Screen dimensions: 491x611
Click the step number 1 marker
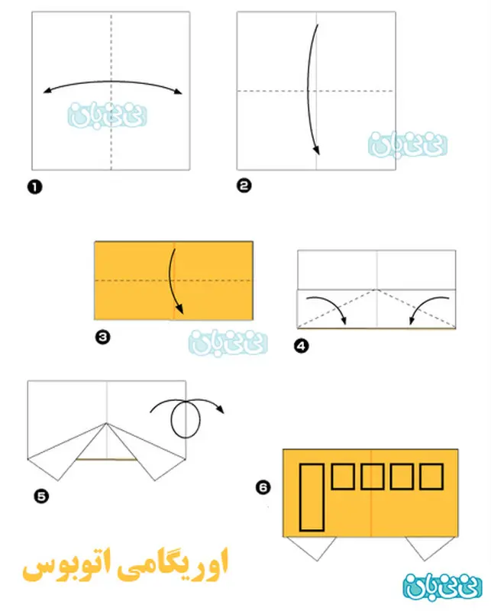click(34, 187)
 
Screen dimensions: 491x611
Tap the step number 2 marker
click(244, 186)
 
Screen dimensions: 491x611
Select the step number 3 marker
click(102, 337)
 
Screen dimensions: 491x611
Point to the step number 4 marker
click(301, 346)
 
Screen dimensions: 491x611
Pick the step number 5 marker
click(41, 496)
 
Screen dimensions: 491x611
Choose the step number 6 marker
click(263, 487)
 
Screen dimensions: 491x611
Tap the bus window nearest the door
click(343, 476)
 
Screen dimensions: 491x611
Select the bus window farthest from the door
click(431, 476)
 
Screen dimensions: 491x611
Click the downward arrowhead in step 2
click(317, 150)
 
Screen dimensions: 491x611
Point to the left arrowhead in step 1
click(47, 91)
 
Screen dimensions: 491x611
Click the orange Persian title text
click(124, 565)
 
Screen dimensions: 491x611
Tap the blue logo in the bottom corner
click(442, 587)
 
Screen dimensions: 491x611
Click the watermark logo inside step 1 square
click(107, 115)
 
